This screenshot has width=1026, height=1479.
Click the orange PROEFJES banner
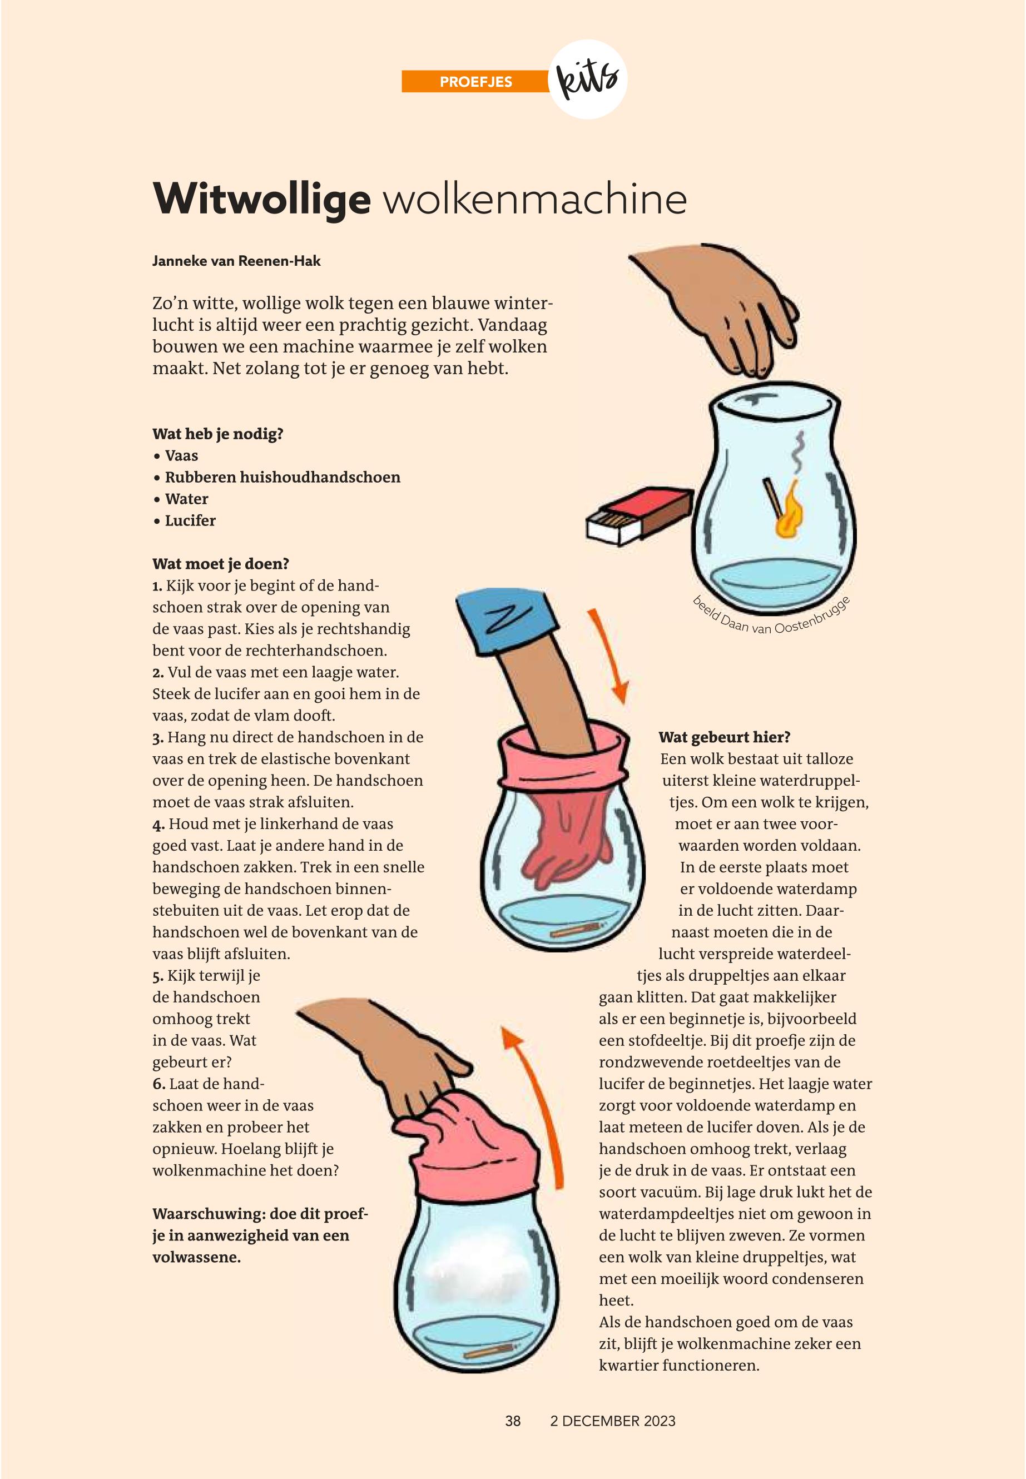[x=475, y=82]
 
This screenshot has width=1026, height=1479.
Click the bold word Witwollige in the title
[x=261, y=199]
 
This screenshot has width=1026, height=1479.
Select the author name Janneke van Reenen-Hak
[x=236, y=261]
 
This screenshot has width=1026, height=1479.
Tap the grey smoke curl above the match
[x=799, y=452]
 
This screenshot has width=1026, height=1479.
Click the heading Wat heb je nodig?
[x=218, y=434]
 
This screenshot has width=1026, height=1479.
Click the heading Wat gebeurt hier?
[x=725, y=737]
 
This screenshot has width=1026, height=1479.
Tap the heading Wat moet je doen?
[x=221, y=564]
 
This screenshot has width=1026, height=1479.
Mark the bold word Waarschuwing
[x=209, y=1214]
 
